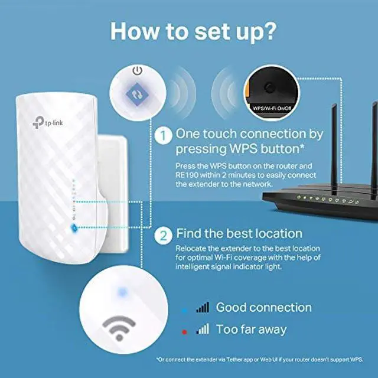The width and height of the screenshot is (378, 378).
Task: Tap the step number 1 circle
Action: (162, 135)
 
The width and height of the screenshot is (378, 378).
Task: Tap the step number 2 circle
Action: (162, 234)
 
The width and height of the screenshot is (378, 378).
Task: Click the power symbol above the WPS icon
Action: (138, 71)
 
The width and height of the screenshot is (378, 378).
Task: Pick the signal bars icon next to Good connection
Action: (203, 307)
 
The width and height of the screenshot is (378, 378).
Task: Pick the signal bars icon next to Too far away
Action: (203, 329)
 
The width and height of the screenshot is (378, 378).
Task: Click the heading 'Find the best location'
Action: (239, 234)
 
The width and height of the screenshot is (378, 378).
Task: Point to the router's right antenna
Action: (373, 142)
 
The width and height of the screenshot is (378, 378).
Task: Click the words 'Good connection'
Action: (263, 307)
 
